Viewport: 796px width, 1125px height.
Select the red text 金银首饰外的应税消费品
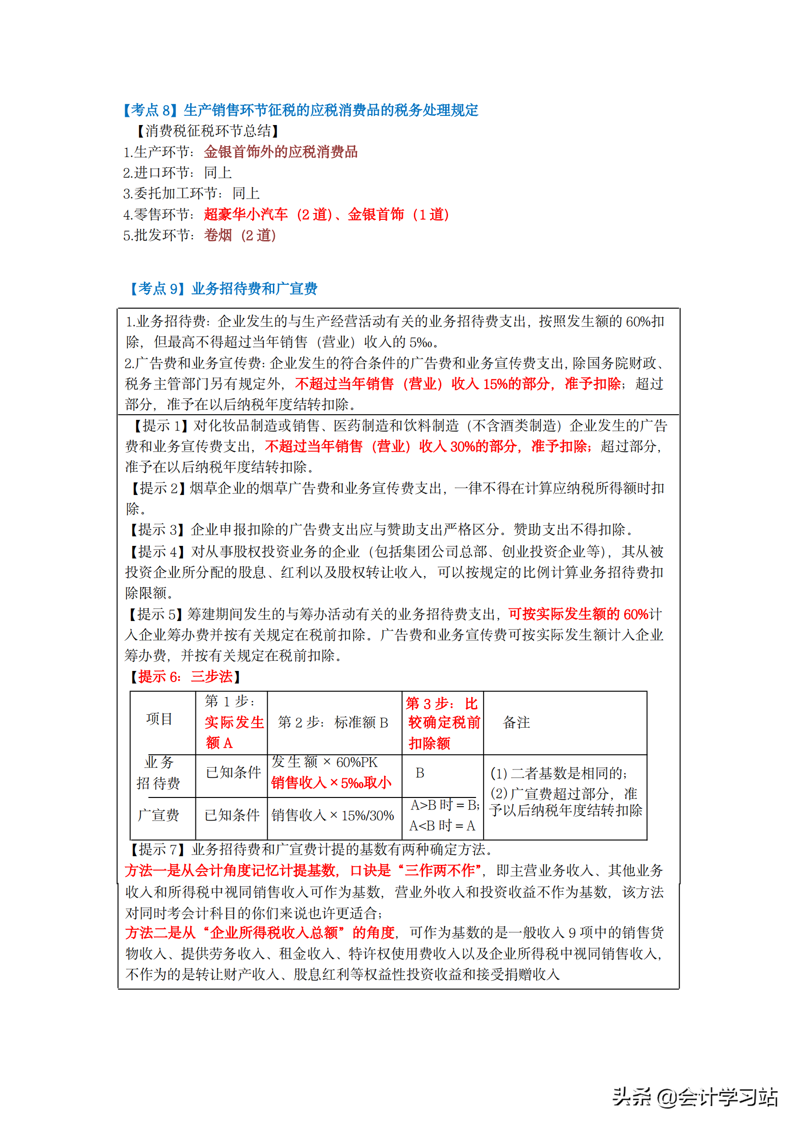point(281,152)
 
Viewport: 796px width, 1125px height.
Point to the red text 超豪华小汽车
point(245,214)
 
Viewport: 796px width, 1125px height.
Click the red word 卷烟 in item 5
point(218,235)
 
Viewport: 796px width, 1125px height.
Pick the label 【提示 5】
point(156,614)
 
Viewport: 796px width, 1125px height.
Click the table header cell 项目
point(159,719)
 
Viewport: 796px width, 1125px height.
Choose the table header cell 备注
point(516,722)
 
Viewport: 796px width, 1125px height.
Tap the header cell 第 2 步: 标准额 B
point(333,722)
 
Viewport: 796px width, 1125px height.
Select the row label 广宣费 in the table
point(158,815)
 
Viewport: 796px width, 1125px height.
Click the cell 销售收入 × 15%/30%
point(333,815)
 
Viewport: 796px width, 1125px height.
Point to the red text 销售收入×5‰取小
point(331,783)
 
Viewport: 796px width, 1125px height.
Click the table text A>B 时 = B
point(444,805)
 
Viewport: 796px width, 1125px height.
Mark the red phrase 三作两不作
point(439,870)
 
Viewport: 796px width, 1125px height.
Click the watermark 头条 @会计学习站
point(694,1097)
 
